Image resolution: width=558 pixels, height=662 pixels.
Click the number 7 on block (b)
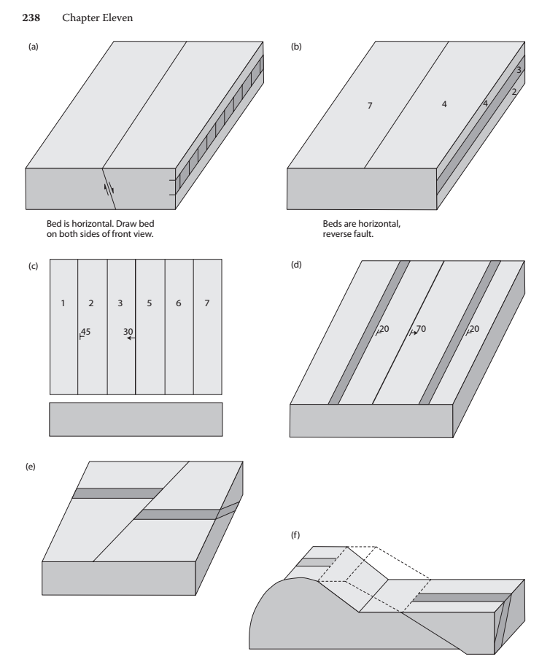pyautogui.click(x=370, y=106)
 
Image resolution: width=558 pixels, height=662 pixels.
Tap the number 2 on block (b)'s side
pyautogui.click(x=514, y=92)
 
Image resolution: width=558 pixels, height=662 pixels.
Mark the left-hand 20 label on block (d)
pyautogui.click(x=384, y=330)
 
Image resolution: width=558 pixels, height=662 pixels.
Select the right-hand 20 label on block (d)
pyautogui.click(x=474, y=330)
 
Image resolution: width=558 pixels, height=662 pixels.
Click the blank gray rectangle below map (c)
pyautogui.click(x=136, y=419)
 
